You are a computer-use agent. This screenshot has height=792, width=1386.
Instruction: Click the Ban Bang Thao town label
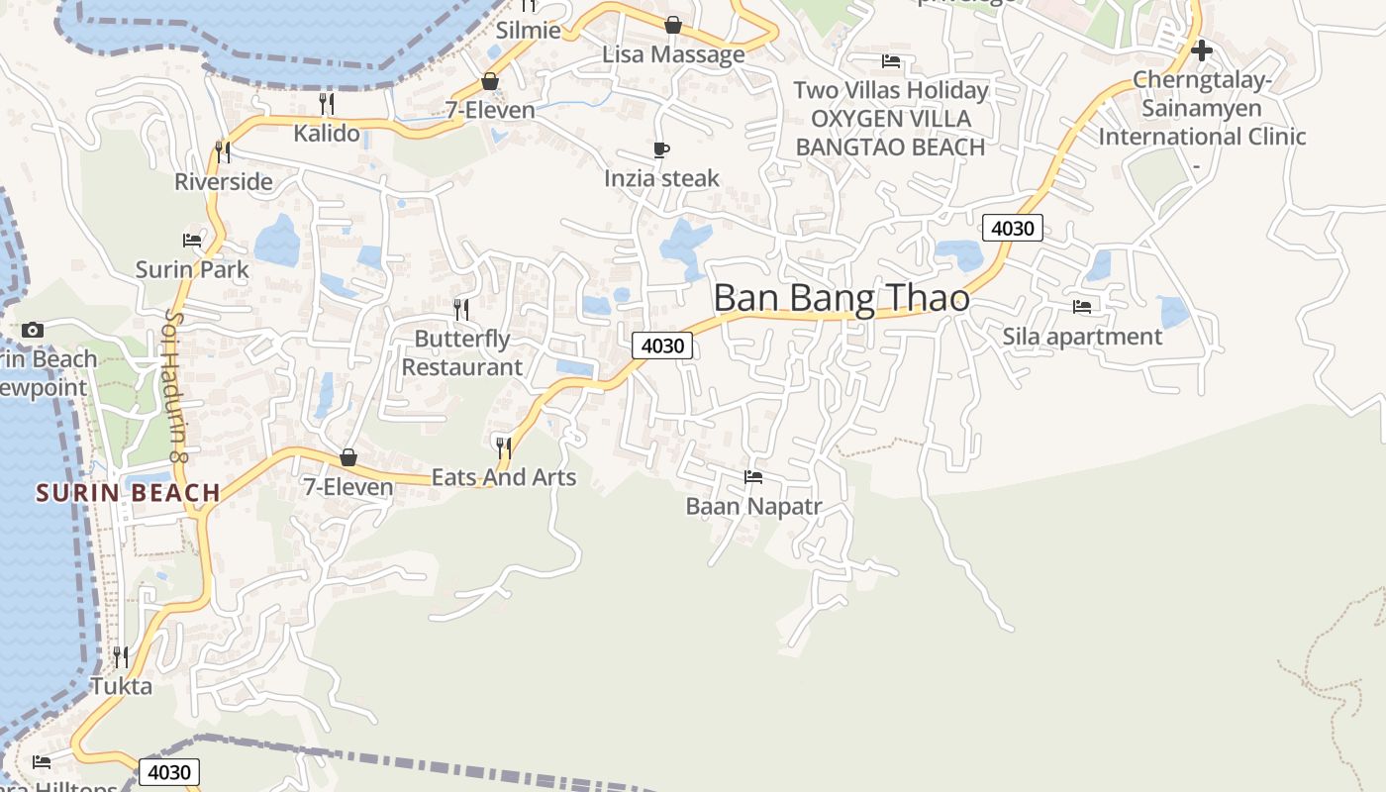[x=841, y=298]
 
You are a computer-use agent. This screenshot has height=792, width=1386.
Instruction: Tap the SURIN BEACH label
[x=129, y=492]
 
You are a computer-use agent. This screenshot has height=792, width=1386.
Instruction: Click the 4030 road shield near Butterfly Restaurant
[x=662, y=346]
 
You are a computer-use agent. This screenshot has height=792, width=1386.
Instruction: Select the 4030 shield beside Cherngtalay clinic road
[x=1012, y=229]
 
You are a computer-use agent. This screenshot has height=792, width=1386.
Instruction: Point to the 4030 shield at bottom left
[x=169, y=772]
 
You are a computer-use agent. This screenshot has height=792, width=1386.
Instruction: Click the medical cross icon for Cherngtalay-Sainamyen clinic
[x=1202, y=49]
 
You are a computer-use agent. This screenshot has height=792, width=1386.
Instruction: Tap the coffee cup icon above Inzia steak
[x=661, y=150]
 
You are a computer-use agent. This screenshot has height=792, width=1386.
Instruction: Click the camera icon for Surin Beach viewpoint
[x=33, y=330]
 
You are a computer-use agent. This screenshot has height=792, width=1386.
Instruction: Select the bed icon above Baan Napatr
[x=753, y=477]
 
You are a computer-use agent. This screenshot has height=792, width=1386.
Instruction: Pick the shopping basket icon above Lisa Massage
[x=673, y=25]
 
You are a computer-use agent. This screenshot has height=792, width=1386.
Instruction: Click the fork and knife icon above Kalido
[x=327, y=103]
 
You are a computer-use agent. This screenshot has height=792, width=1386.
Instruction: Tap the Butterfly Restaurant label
[x=461, y=352]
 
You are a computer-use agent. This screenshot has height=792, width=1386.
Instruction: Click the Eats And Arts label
[x=504, y=477]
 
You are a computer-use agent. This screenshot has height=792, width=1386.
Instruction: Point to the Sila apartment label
[x=1082, y=337]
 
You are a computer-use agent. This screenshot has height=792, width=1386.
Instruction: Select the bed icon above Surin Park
[x=192, y=241]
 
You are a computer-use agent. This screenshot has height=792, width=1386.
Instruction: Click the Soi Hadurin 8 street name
[x=176, y=386]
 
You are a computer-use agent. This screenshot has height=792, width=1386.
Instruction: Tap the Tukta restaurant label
[x=122, y=686]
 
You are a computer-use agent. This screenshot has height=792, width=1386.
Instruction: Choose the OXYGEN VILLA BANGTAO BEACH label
[x=890, y=133]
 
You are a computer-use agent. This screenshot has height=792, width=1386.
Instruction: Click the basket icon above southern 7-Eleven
[x=348, y=457]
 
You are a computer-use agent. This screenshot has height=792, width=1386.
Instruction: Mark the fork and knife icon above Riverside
[x=223, y=151]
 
